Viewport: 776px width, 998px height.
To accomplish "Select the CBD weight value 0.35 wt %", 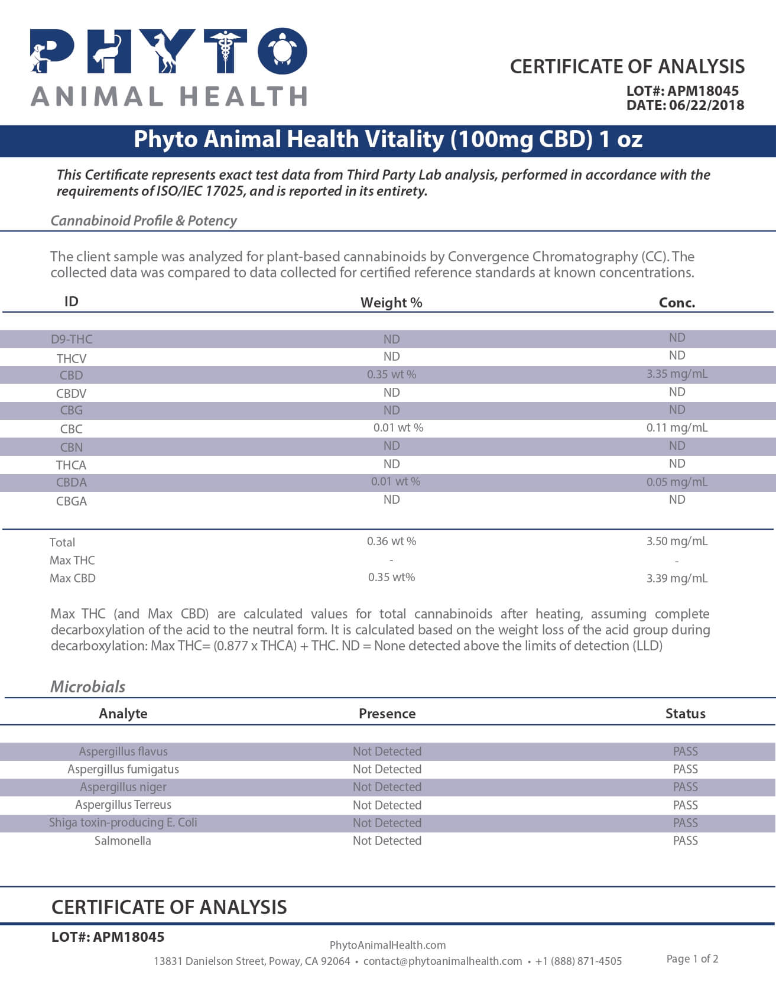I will [x=391, y=374].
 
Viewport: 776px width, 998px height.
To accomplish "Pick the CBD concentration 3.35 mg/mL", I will [x=677, y=374].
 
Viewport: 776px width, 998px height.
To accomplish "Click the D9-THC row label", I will [x=72, y=339].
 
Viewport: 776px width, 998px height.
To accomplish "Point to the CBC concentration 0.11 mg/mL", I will [x=677, y=427].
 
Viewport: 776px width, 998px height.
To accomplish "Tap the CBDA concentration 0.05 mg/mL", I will [x=677, y=482].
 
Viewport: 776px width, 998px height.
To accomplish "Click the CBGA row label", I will [x=72, y=501].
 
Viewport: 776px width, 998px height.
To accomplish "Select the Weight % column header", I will [x=391, y=303].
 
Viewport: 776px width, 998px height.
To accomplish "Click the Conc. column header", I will [x=677, y=303].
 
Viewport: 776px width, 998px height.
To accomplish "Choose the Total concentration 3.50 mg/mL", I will [x=677, y=541].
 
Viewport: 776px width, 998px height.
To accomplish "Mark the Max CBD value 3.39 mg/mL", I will [x=677, y=578].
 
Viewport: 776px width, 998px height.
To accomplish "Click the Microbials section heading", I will [x=87, y=686].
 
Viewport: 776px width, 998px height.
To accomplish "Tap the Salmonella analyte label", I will [x=123, y=841].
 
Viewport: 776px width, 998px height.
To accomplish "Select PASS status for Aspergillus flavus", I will [x=685, y=751].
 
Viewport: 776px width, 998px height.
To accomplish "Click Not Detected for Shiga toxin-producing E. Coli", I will [x=387, y=823].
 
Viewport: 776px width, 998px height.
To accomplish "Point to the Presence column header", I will [x=387, y=714].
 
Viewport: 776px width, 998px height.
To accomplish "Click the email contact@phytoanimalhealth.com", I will [x=443, y=961].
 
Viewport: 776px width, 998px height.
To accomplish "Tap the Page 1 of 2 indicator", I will [x=692, y=959].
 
